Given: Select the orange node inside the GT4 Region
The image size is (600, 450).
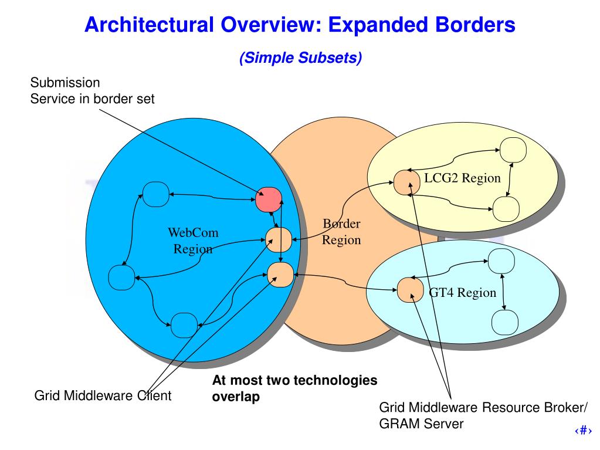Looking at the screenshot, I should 410,290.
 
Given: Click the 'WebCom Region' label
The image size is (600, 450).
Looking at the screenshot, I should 193,241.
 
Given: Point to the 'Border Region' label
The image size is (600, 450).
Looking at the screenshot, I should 341,232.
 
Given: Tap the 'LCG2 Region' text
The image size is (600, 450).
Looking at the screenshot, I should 463,178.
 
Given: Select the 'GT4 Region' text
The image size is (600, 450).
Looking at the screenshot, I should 463,292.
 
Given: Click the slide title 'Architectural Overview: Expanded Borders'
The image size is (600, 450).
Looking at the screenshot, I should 300,25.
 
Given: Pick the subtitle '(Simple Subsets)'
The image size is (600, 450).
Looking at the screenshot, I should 300,57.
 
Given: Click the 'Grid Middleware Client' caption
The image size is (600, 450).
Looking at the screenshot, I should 103,395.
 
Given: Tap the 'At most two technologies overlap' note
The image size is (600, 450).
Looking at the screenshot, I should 294,388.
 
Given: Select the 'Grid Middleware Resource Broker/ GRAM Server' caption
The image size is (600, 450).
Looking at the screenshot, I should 483,415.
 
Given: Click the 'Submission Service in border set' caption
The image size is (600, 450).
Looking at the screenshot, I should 92,90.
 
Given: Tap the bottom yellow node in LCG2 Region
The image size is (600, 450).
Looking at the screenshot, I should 506,208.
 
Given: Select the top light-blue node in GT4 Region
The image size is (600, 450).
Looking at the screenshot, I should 501,260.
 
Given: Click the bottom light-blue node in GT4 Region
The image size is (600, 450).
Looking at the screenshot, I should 504,321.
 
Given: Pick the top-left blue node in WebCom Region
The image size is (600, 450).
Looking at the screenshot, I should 156,194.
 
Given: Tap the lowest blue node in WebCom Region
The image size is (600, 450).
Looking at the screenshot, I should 184,323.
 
